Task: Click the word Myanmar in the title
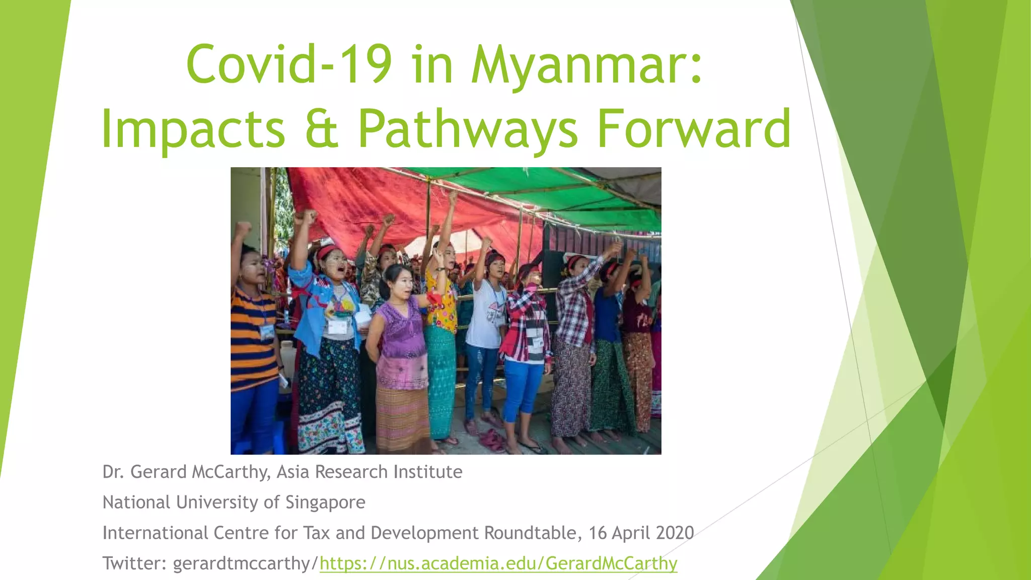click(x=586, y=65)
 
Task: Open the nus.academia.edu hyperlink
click(x=498, y=563)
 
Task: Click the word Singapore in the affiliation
click(x=325, y=502)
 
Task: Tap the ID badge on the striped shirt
click(x=267, y=332)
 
